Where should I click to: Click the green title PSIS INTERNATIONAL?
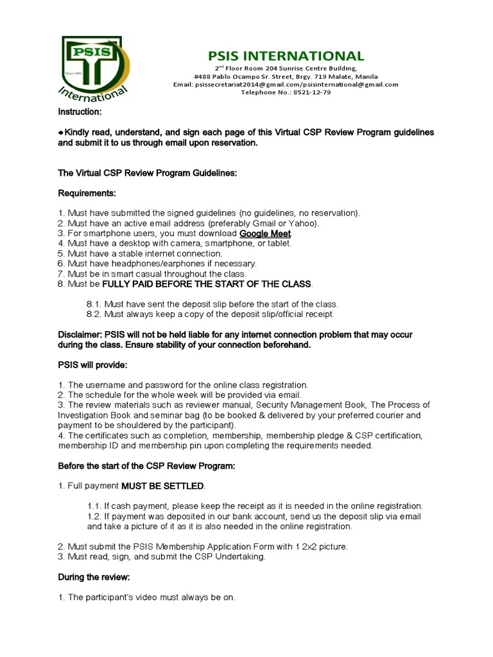click(286, 56)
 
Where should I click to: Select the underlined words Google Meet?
click(265, 233)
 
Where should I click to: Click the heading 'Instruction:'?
click(80, 112)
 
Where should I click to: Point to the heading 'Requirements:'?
click(87, 193)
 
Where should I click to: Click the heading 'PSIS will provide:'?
click(93, 364)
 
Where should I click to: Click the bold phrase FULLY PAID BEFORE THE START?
click(179, 284)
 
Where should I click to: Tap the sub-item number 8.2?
click(94, 314)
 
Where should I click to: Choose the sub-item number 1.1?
click(94, 506)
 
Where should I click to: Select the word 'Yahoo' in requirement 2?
click(304, 223)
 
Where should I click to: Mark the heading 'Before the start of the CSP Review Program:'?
click(147, 465)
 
